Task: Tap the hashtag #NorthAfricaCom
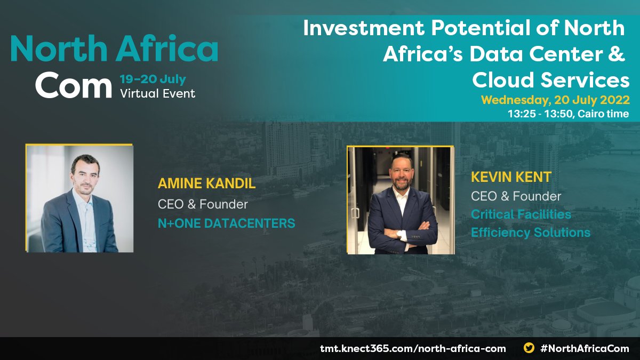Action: click(585, 348)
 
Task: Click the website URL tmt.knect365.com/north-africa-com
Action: click(413, 348)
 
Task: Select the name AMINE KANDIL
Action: click(207, 185)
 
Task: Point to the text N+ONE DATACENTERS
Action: click(226, 223)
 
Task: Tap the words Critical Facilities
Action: click(521, 214)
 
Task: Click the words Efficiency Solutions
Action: click(531, 233)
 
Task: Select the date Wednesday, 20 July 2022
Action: click(555, 100)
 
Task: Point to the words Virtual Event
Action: click(158, 93)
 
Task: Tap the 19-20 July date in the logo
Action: click(153, 79)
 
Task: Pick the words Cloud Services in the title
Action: click(551, 80)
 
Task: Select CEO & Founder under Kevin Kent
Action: click(516, 196)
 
